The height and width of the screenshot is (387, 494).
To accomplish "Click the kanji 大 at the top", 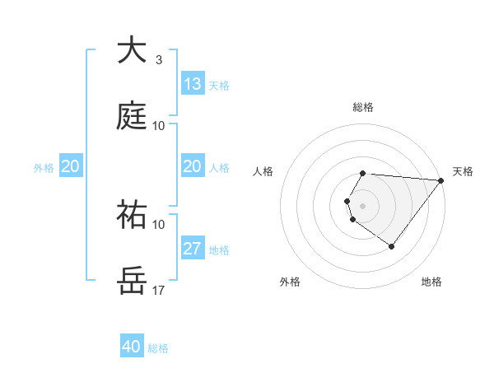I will [132, 51].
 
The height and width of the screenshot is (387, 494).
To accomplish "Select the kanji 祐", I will [132, 214].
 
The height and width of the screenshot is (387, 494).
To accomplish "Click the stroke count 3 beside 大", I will [158, 60].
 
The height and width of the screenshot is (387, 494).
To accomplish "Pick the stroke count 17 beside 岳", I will [158, 290].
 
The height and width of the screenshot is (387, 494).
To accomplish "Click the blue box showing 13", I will [193, 84].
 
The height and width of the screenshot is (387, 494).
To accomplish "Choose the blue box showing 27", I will [193, 249].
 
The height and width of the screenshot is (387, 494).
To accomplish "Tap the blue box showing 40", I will [132, 347].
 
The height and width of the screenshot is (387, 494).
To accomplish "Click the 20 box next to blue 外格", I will [70, 166].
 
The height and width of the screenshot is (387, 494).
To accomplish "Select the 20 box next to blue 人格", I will [193, 166].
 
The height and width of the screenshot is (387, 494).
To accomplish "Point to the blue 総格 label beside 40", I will [158, 348].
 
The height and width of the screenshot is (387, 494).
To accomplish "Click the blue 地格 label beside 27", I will [219, 249].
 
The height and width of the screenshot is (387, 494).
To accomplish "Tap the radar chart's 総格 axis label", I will [363, 107].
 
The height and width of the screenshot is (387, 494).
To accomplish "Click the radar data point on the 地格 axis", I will [392, 246].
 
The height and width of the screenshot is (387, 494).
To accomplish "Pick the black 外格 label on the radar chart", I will [290, 282].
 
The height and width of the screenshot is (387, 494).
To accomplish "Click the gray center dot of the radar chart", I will [363, 205].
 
